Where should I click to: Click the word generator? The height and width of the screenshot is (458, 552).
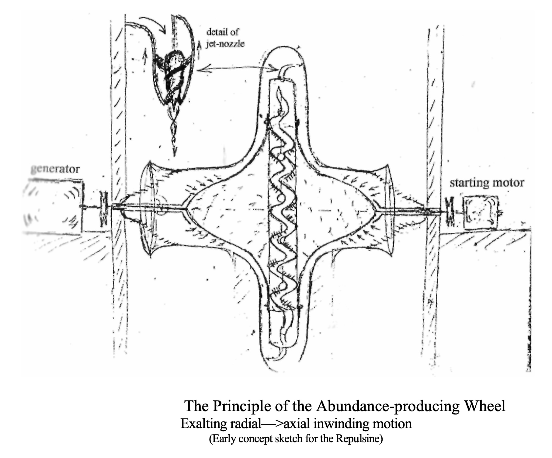[55, 169]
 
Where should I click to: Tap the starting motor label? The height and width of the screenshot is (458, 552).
[487, 183]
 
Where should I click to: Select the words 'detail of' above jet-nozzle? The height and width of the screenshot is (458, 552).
[223, 32]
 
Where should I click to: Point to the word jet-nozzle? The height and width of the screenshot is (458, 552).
[225, 44]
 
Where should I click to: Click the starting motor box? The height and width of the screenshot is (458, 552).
[481, 212]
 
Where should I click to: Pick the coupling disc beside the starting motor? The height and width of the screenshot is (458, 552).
[450, 211]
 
